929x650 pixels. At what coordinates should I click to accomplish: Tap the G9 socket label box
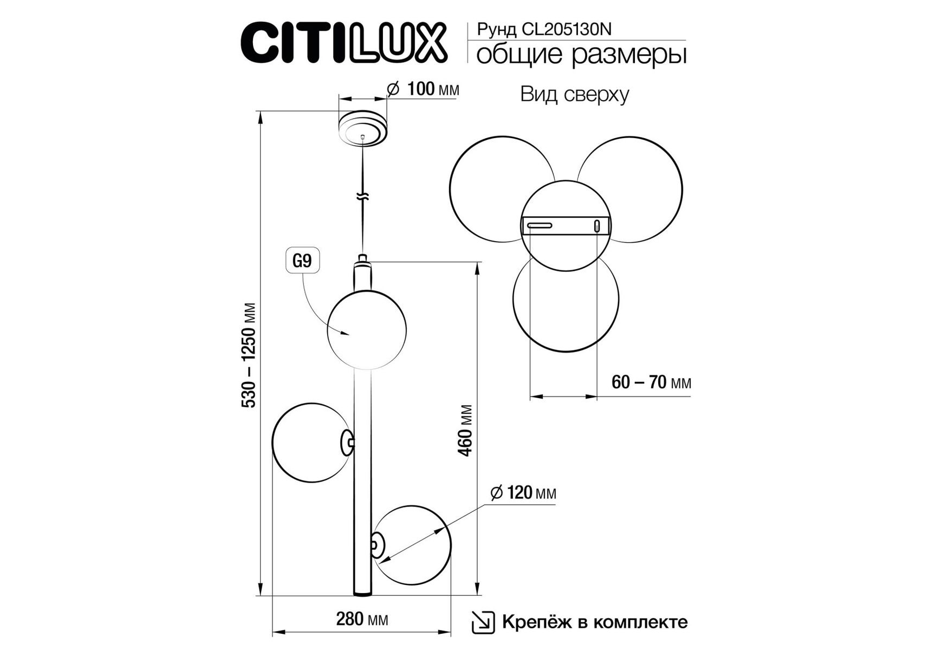[x=302, y=261]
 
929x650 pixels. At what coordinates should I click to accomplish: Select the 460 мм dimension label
[x=465, y=430]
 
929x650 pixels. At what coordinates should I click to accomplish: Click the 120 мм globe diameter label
[x=523, y=493]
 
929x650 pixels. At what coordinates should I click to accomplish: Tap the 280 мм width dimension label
[x=362, y=619]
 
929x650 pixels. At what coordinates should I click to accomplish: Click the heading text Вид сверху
[x=575, y=94]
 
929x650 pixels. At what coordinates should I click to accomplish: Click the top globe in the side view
[x=367, y=330]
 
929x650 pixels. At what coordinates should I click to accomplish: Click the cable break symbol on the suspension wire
[x=363, y=197]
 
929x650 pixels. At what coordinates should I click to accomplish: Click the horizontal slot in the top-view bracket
[x=540, y=225]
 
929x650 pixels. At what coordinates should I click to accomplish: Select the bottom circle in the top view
[x=566, y=300]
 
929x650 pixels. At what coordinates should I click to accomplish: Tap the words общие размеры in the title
[x=581, y=55]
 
